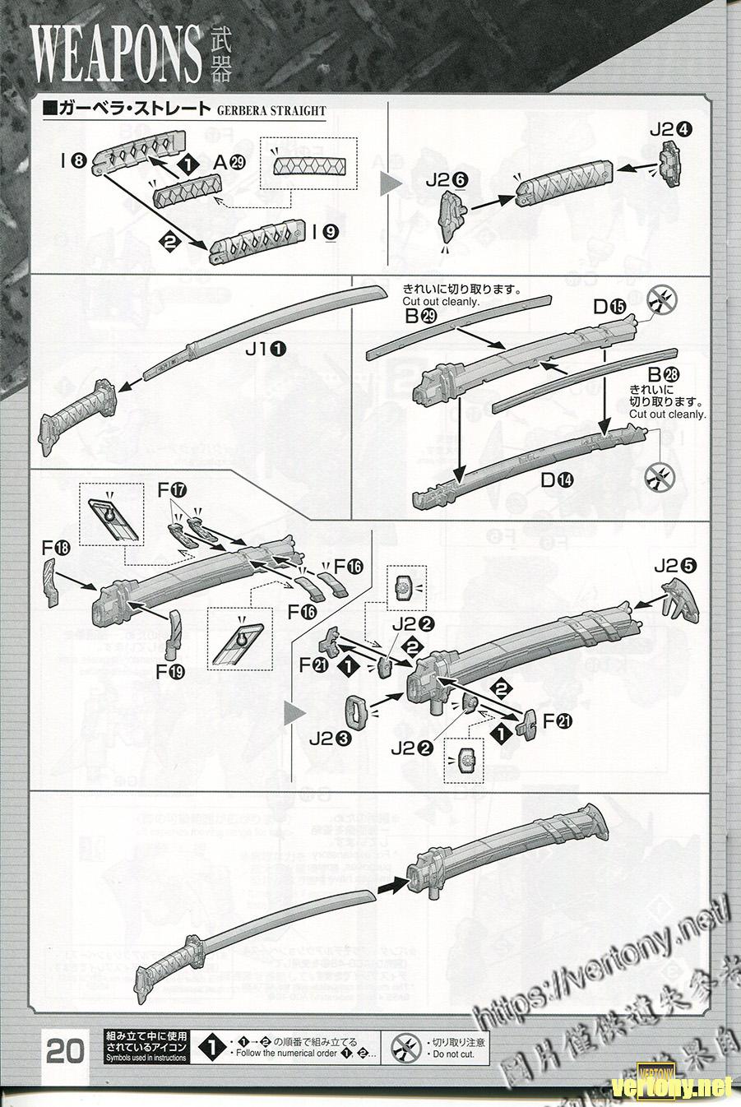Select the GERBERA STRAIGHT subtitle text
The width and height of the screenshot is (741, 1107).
pyautogui.click(x=271, y=111)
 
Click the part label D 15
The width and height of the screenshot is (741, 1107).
pyautogui.click(x=609, y=308)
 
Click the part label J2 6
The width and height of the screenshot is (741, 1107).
pyautogui.click(x=445, y=179)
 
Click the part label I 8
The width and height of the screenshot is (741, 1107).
pyautogui.click(x=72, y=162)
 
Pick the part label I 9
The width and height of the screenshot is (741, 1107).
pyautogui.click(x=325, y=232)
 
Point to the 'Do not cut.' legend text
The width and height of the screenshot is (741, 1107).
pyautogui.click(x=453, y=1053)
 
